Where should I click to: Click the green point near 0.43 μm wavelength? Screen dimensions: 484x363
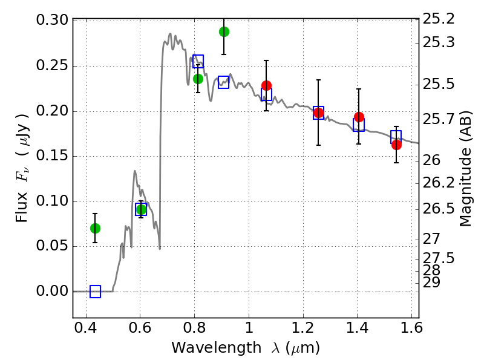95,229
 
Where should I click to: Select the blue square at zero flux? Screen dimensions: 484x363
95,292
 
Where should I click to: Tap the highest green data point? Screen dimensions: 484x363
224,32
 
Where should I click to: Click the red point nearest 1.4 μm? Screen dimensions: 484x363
359,117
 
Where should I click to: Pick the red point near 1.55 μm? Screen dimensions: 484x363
396,145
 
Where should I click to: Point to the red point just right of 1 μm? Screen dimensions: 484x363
266,85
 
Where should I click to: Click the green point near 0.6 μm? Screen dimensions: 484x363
141,210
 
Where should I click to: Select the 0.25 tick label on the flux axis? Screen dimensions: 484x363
52,65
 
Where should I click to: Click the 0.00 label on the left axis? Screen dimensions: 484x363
52,291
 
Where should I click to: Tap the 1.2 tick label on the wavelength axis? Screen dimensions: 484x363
303,328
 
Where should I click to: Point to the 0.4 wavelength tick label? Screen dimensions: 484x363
86,328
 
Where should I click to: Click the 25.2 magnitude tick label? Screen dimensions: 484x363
438,19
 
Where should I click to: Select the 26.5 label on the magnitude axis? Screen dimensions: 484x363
438,209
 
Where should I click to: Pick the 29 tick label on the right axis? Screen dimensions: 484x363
431,283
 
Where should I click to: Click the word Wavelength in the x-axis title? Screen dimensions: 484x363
217,348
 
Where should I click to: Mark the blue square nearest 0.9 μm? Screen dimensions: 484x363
223,82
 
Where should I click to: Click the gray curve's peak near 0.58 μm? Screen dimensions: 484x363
134,171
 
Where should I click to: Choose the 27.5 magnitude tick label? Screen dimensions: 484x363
438,258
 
